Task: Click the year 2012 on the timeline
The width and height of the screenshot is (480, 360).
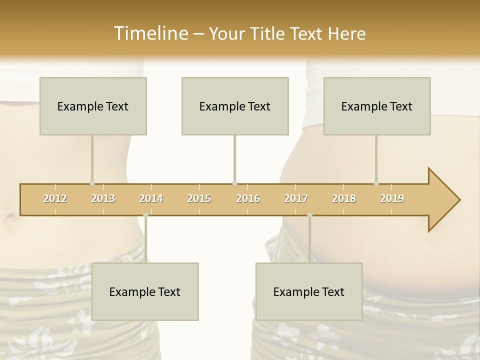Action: coord(55,198)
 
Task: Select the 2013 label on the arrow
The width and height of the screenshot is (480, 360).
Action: coord(103,198)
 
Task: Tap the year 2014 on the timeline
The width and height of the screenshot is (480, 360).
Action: coord(151,198)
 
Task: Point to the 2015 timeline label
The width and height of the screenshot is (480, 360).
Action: coord(199,198)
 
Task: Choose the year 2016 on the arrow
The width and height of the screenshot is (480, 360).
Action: coord(248,198)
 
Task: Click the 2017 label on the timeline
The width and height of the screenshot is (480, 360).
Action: coord(296,198)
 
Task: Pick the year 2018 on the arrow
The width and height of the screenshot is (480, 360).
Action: coord(344,198)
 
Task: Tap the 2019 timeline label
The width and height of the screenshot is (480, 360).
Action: coord(392,198)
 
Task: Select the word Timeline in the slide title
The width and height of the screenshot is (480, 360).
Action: coord(150,33)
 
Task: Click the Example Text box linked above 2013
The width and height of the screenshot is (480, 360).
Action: coord(93,106)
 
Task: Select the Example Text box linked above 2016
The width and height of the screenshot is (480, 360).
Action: coord(235,106)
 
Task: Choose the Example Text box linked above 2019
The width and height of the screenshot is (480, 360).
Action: coord(377,106)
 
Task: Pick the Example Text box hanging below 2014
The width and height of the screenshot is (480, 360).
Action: coord(145,291)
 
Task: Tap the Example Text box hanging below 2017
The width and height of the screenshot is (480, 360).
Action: coord(309,291)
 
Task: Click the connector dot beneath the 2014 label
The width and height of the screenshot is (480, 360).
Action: coord(145,215)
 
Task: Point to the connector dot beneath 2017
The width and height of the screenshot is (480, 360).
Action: coord(309,215)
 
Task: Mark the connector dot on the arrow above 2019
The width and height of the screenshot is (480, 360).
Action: coord(376,183)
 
